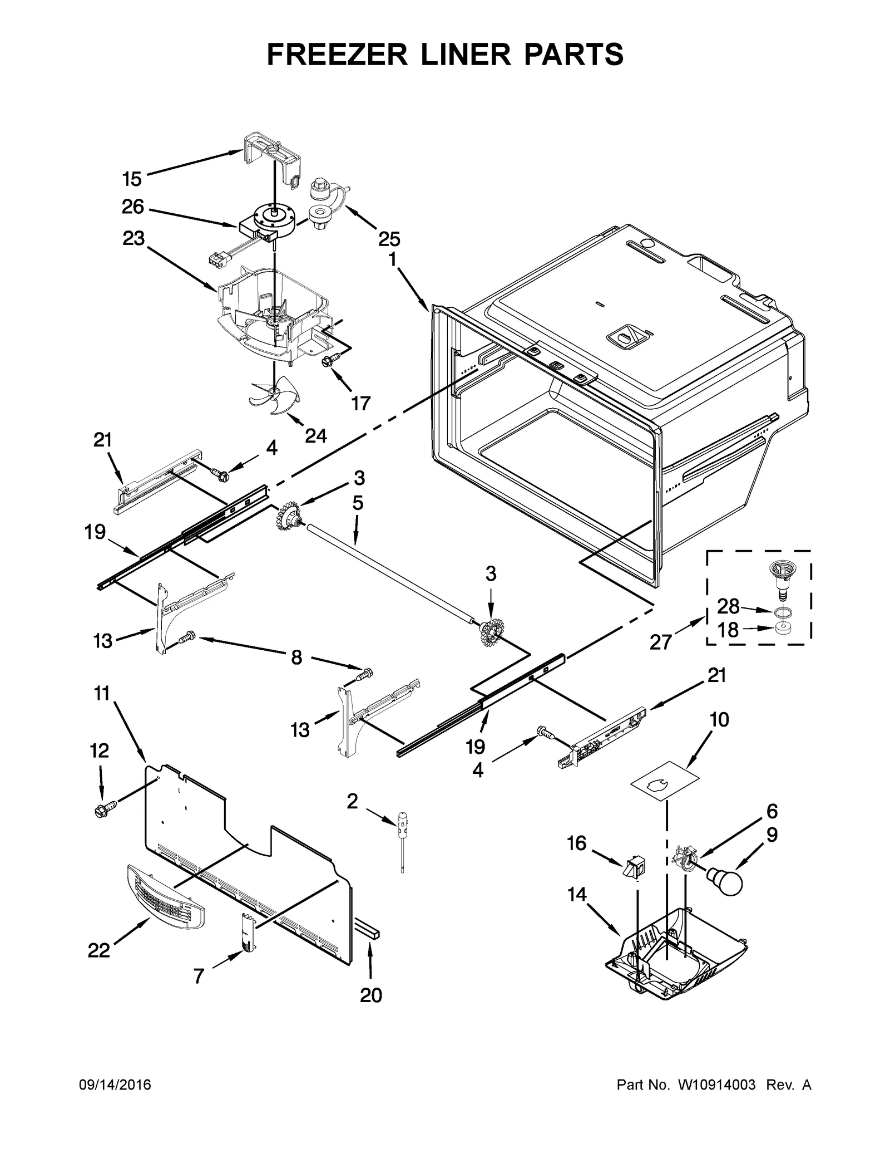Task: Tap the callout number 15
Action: (132, 179)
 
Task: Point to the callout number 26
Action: (133, 207)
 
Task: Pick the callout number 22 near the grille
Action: (99, 950)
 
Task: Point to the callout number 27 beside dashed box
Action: (661, 642)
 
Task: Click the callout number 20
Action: (371, 995)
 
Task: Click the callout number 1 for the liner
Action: (393, 259)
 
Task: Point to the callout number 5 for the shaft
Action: (357, 503)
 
